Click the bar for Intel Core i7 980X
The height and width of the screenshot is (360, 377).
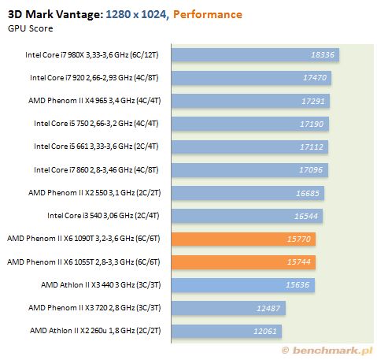click(x=255, y=54)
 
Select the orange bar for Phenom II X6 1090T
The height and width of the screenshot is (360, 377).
click(x=243, y=239)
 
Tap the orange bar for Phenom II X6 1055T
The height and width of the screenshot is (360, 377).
click(x=243, y=262)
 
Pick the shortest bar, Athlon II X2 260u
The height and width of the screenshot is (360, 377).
click(x=227, y=331)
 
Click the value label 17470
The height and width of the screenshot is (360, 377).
click(x=315, y=78)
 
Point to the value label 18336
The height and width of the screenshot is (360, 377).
click(x=323, y=54)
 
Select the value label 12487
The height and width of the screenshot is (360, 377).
click(x=268, y=308)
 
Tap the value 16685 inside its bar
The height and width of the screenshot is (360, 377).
click(x=308, y=193)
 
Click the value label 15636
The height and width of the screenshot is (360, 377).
click(x=298, y=285)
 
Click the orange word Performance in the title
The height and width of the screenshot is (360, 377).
click(x=208, y=14)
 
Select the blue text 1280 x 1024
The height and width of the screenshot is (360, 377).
click(x=138, y=14)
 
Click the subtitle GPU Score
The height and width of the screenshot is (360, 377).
click(x=31, y=28)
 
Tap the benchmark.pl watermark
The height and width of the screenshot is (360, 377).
click(x=327, y=351)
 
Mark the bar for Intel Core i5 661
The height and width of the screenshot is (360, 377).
click(x=249, y=147)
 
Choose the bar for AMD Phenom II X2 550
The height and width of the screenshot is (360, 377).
click(x=248, y=193)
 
